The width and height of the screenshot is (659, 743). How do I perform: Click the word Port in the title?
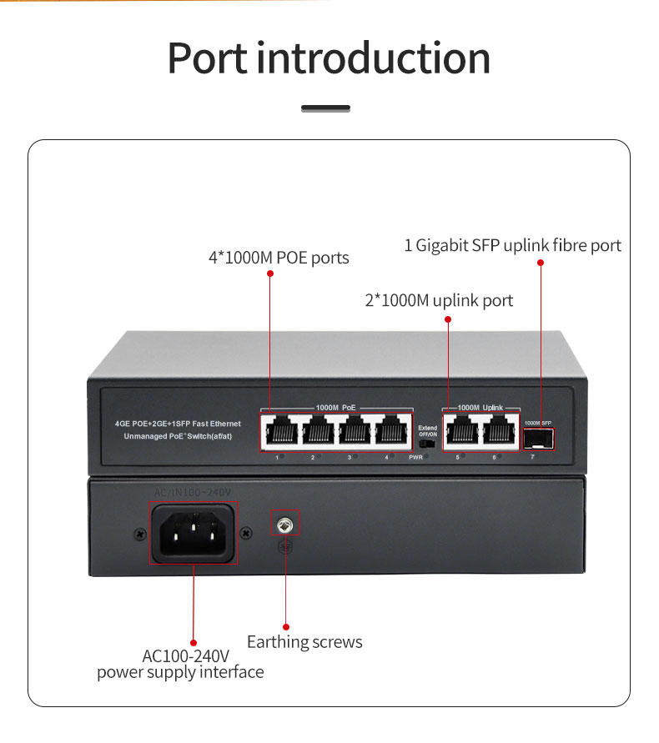point(208,58)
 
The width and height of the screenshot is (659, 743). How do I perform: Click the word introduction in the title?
point(374,58)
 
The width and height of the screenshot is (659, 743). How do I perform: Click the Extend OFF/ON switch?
point(428,444)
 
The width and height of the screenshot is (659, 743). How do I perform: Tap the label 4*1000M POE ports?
point(279,258)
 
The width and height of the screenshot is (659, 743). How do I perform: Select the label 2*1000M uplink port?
point(439,300)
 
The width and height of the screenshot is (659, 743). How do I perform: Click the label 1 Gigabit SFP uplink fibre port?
point(513,245)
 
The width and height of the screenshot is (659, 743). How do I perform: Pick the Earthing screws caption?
point(304,642)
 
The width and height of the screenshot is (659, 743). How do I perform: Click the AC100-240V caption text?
point(185,655)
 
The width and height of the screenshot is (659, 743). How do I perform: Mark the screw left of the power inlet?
point(138,532)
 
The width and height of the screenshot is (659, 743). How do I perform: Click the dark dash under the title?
point(325,108)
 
